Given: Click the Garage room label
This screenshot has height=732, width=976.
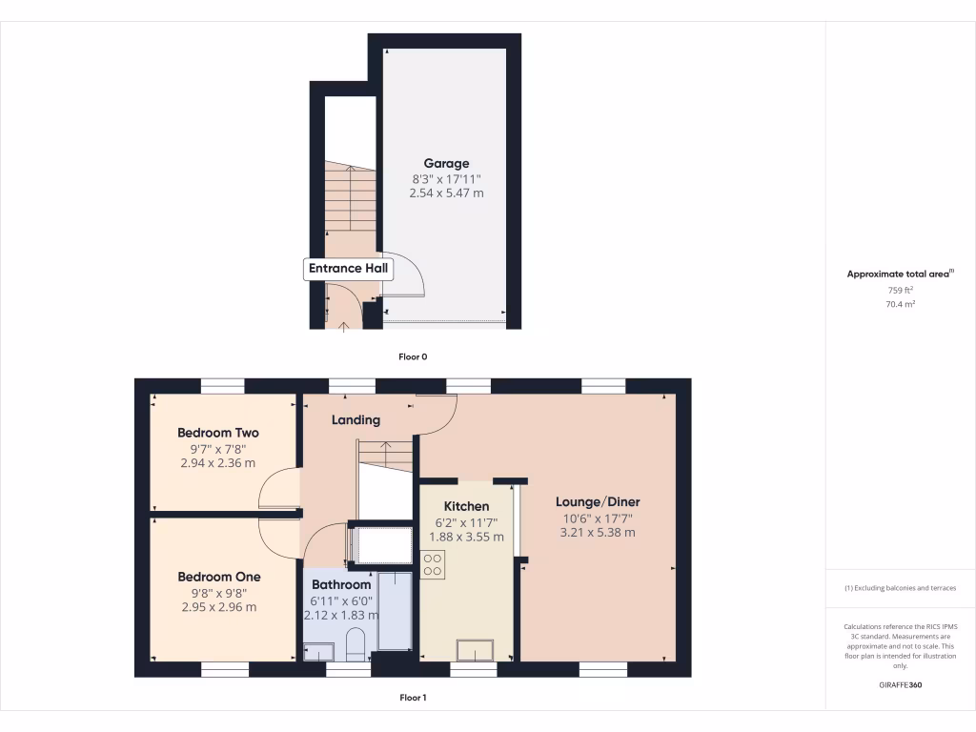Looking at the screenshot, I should click(x=446, y=164).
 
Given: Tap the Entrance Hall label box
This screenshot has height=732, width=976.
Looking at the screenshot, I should click(x=348, y=269).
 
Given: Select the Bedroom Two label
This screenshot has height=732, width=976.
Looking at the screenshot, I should click(x=217, y=433).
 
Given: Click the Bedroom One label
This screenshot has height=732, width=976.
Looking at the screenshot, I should click(x=218, y=577).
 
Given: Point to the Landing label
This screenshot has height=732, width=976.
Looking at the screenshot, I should click(x=356, y=419).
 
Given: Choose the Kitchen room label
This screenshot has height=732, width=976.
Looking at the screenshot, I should click(x=467, y=506).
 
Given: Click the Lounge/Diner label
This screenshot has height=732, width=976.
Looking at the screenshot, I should click(x=598, y=502).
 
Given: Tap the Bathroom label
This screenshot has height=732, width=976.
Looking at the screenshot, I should click(x=340, y=584).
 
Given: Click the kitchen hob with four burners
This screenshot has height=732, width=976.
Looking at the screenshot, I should click(x=432, y=564).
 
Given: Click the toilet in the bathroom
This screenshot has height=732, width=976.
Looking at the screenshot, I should click(x=354, y=643).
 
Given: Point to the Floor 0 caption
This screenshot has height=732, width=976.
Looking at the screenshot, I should click(x=413, y=356).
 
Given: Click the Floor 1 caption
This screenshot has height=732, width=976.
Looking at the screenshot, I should click(x=413, y=698).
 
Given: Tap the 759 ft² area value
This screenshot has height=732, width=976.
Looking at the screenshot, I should click(x=901, y=290).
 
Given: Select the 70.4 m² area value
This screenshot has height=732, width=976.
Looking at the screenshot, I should click(x=901, y=304).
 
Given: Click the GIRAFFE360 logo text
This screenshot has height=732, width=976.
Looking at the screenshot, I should click(x=901, y=685).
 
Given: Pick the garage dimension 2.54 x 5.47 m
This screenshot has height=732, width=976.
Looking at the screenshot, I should click(x=446, y=193).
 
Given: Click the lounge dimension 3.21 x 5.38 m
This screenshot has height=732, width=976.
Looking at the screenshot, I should click(x=598, y=532).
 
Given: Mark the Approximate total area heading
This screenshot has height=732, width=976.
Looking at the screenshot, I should click(x=900, y=274).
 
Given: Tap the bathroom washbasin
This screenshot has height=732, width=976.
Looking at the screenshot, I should click(x=318, y=652).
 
